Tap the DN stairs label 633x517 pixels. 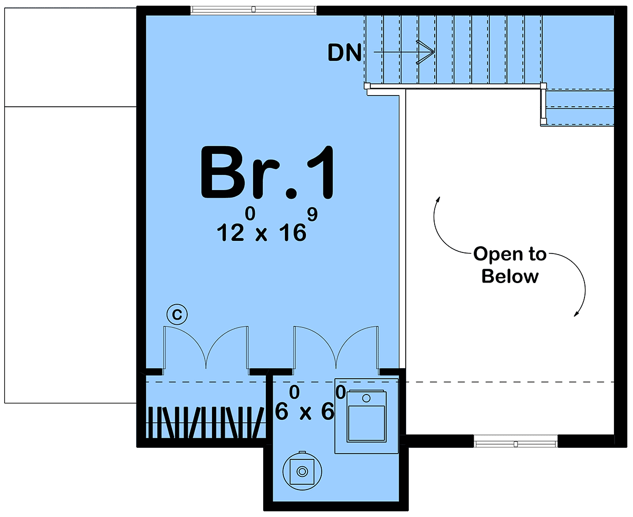coord(344,53)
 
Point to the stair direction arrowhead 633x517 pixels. coord(426,52)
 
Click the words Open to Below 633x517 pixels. coord(510,265)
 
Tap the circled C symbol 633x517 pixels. coord(177,315)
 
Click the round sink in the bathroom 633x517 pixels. coord(302,471)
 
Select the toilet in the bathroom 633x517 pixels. coord(366,416)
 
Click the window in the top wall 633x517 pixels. coord(253,10)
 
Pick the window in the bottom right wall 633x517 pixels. coord(515,444)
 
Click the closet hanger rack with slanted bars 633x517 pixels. coord(206,422)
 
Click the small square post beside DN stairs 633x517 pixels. coord(367,86)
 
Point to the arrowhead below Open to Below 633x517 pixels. coord(576,314)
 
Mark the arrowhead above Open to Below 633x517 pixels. coord(438,200)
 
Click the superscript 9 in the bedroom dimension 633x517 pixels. coord(312,214)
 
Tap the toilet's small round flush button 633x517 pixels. coord(366,398)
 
